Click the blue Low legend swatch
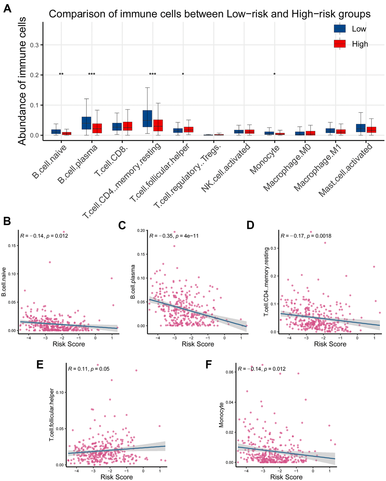(x=339, y=29)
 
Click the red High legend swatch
(x=339, y=44)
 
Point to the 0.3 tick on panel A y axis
(x=34, y=45)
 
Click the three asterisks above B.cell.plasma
(x=92, y=75)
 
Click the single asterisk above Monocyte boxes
(x=274, y=75)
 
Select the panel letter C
(x=122, y=225)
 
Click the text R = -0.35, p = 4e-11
(x=174, y=236)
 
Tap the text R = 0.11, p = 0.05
(x=89, y=368)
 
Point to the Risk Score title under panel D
(x=330, y=344)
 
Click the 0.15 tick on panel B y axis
(x=12, y=246)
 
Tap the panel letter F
(x=208, y=364)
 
